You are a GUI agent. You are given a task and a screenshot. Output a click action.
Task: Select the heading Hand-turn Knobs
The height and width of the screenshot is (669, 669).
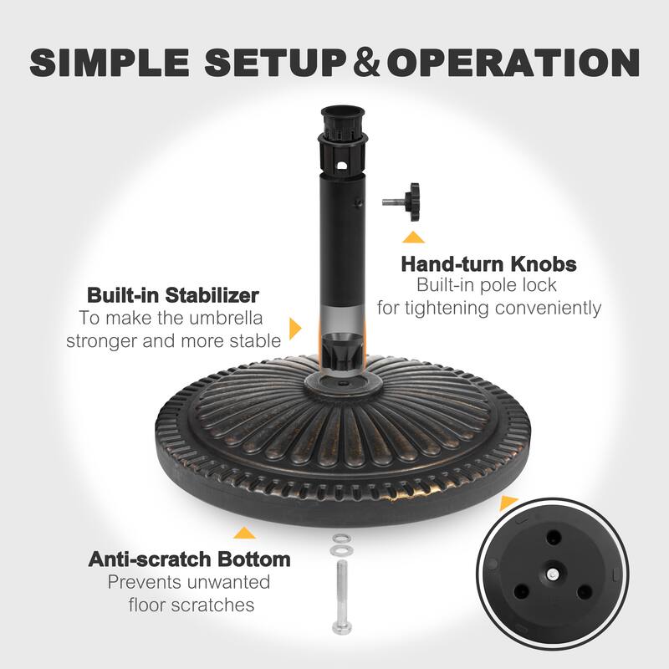(488, 264)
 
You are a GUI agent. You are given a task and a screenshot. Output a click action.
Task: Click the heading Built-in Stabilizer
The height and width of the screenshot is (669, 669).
(172, 295)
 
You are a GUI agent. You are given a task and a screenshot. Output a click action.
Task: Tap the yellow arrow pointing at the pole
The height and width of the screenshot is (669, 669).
(294, 328)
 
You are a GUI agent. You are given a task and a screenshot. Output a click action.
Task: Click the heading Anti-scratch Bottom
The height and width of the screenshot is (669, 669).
(189, 559)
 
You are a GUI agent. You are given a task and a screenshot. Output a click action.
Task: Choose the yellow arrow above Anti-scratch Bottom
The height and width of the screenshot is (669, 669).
(244, 532)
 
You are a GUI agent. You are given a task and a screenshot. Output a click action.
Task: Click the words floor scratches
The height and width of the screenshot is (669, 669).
(192, 604)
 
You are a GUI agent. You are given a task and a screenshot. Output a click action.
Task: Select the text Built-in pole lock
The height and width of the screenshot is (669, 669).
(488, 286)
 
